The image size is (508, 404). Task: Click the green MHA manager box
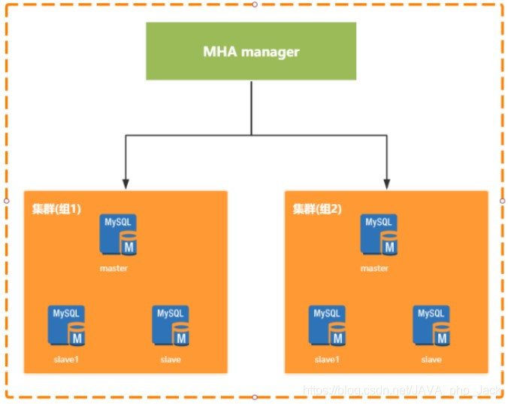(x=251, y=51)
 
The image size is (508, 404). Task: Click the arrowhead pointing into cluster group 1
(x=125, y=183)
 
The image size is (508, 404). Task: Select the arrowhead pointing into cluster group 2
(x=386, y=183)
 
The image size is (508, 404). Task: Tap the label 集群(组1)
(x=56, y=208)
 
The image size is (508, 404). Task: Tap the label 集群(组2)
(x=316, y=208)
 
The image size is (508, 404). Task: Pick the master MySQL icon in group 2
(x=379, y=235)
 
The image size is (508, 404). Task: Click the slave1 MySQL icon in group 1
(x=67, y=326)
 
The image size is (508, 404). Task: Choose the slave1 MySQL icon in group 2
(x=328, y=326)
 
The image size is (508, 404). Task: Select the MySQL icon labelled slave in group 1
(x=171, y=326)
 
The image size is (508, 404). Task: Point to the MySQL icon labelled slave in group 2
(x=431, y=326)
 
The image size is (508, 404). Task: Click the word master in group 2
(x=374, y=269)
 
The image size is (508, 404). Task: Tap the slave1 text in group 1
(x=65, y=360)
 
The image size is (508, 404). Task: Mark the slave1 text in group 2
(x=326, y=360)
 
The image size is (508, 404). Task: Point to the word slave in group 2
(x=431, y=360)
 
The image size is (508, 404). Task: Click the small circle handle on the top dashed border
(x=254, y=5)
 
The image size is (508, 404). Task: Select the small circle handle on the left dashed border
(x=7, y=201)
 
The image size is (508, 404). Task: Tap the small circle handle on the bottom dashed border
(x=254, y=396)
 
